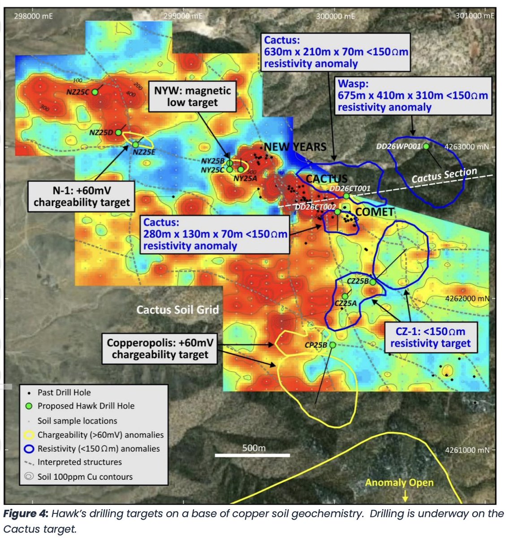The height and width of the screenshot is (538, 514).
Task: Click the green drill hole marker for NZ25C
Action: click(x=95, y=91)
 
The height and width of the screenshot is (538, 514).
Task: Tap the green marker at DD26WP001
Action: click(x=426, y=146)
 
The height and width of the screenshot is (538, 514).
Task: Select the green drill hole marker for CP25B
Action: click(x=333, y=345)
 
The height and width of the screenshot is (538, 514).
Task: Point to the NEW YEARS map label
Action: click(x=295, y=147)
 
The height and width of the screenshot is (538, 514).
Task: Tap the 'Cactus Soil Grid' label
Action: click(x=177, y=309)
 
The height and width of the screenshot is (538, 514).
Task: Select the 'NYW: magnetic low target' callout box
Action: click(x=193, y=96)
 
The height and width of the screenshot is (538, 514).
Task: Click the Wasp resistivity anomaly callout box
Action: click(x=412, y=95)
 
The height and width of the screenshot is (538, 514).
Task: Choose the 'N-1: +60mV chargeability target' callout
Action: click(x=82, y=196)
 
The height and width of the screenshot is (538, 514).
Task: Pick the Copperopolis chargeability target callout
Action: click(x=160, y=349)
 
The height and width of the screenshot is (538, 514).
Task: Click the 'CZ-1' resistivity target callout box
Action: click(x=430, y=338)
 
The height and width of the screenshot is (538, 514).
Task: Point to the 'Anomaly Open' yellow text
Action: click(x=399, y=483)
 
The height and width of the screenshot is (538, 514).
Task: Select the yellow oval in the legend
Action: click(x=29, y=435)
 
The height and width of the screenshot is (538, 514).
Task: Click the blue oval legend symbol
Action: click(x=29, y=448)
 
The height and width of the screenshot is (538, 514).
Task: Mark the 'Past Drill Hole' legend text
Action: click(x=64, y=392)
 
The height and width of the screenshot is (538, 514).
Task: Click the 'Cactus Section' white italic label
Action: click(x=444, y=176)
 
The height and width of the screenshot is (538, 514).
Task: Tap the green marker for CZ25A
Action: click(x=345, y=296)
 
